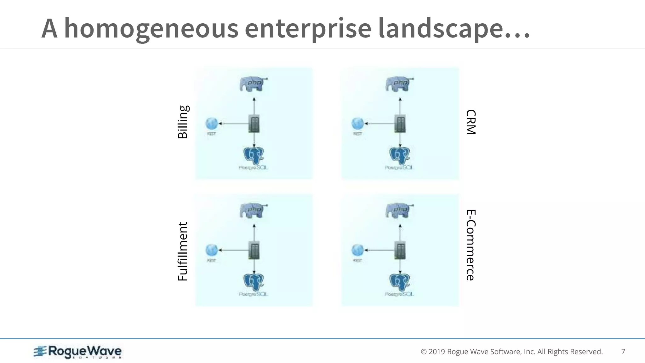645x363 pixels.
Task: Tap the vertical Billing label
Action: pyautogui.click(x=183, y=122)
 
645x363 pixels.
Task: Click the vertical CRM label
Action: pyautogui.click(x=471, y=122)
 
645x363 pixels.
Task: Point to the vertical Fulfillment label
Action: pyautogui.click(x=183, y=251)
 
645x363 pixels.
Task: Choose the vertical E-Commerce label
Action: pyautogui.click(x=471, y=245)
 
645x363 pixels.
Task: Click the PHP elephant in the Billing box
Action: pyautogui.click(x=253, y=84)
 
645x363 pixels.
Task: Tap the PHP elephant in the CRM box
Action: pyautogui.click(x=399, y=84)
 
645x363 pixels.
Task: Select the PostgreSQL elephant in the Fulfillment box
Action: pyautogui.click(x=254, y=282)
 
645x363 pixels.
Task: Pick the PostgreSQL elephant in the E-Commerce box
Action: pyautogui.click(x=400, y=282)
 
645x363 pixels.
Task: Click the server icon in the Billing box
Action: pyautogui.click(x=254, y=124)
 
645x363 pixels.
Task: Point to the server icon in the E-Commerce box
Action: pyautogui.click(x=400, y=250)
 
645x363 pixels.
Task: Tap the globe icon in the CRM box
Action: pyautogui.click(x=357, y=124)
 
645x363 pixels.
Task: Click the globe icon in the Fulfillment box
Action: pyautogui.click(x=211, y=250)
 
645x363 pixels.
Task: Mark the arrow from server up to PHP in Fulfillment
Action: pyautogui.click(x=254, y=233)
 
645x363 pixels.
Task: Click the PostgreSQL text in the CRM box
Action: pyautogui.click(x=399, y=168)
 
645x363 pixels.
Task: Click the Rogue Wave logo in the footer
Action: pyautogui.click(x=78, y=352)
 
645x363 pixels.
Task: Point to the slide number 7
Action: pyautogui.click(x=623, y=352)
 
